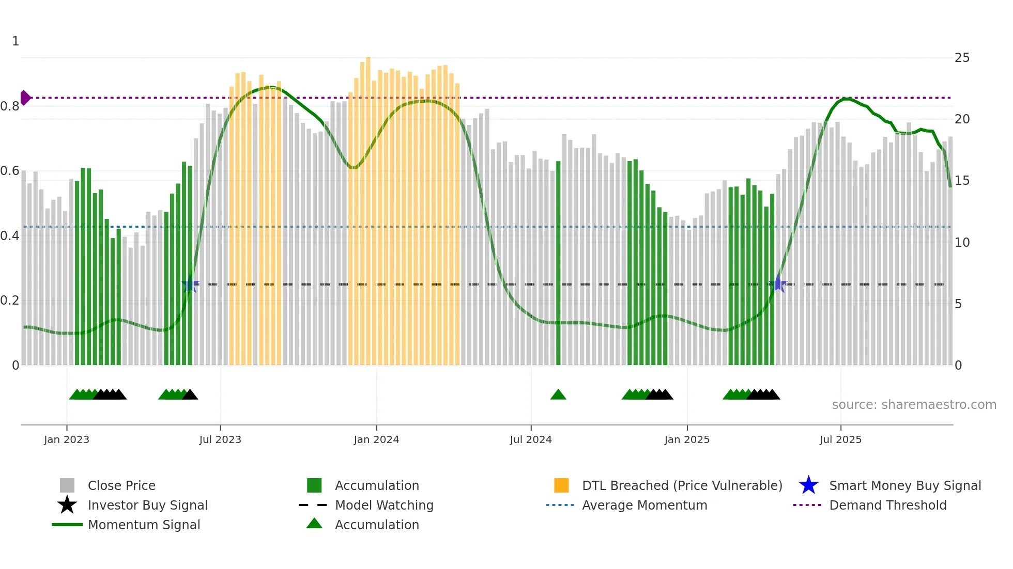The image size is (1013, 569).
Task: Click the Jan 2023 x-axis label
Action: [x=67, y=439]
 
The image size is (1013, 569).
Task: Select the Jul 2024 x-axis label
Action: [x=531, y=439]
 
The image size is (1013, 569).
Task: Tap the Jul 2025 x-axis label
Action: [x=840, y=439]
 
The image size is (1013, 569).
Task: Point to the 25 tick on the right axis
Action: [x=962, y=58]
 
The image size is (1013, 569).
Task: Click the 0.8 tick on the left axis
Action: [x=10, y=106]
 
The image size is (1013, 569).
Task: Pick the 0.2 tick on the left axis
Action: [x=10, y=301]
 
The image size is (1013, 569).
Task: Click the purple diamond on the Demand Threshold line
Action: [x=25, y=98]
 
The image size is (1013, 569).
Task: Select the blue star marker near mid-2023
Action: [x=190, y=284]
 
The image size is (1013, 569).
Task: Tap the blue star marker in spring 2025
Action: [x=778, y=284]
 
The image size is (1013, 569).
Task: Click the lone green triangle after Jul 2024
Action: [x=558, y=395]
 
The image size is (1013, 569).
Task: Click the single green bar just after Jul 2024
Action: [x=558, y=263]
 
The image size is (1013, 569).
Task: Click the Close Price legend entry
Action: [x=121, y=485]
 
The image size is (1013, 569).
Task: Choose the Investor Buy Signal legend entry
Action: [x=147, y=505]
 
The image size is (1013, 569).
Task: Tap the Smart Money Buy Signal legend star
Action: [x=808, y=485]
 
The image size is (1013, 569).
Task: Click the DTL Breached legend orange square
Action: [x=561, y=485]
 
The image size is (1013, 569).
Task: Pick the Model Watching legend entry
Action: [x=383, y=505]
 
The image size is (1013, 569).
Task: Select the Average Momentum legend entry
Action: [x=644, y=505]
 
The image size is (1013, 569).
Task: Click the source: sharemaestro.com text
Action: [x=914, y=405]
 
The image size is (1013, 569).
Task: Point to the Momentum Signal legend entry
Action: [x=144, y=525]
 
